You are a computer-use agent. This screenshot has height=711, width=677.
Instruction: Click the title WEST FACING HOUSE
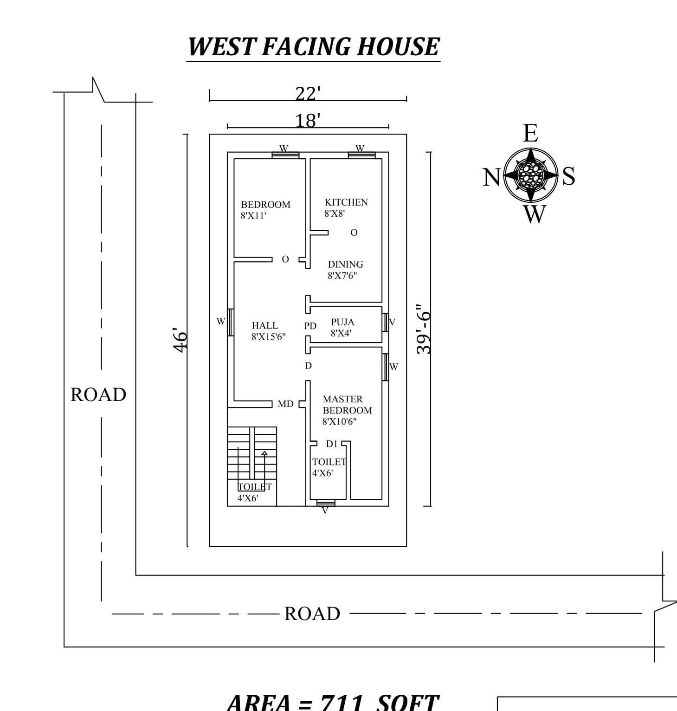click(x=313, y=47)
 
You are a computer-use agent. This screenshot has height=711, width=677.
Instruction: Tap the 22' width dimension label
click(x=308, y=94)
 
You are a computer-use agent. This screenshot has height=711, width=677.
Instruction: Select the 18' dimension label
click(x=308, y=121)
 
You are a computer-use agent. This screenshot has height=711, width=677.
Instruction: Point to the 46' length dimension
click(x=181, y=340)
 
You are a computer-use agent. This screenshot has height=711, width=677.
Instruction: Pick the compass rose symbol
click(x=530, y=175)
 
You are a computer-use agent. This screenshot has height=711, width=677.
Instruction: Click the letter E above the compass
click(x=530, y=133)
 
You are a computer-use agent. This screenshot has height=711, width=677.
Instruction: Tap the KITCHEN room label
click(x=346, y=202)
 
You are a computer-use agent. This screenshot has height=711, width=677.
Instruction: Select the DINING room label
click(x=345, y=265)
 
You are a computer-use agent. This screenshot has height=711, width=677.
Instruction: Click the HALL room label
click(x=265, y=326)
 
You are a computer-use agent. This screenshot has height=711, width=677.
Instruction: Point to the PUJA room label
click(x=342, y=322)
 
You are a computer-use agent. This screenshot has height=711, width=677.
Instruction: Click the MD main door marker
click(x=285, y=404)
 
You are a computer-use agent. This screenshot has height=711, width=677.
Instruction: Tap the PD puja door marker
click(x=310, y=326)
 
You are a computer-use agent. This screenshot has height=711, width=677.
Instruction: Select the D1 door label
click(x=332, y=444)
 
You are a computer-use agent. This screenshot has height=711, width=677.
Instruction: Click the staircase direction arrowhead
click(x=264, y=453)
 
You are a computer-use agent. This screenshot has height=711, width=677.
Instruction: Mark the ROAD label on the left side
click(x=98, y=395)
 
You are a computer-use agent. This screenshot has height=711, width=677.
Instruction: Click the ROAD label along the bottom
click(x=312, y=614)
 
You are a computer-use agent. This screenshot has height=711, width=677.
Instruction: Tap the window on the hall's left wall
click(x=230, y=322)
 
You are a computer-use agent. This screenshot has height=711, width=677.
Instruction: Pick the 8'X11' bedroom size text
click(x=253, y=216)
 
